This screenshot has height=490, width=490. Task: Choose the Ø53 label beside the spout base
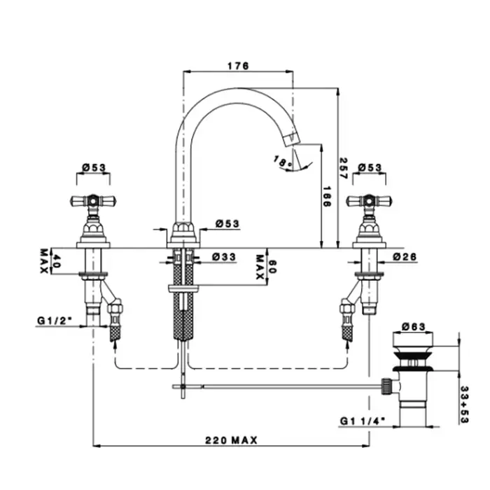pyautogui.click(x=227, y=223)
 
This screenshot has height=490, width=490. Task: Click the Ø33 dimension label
pyautogui.click(x=223, y=257)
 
